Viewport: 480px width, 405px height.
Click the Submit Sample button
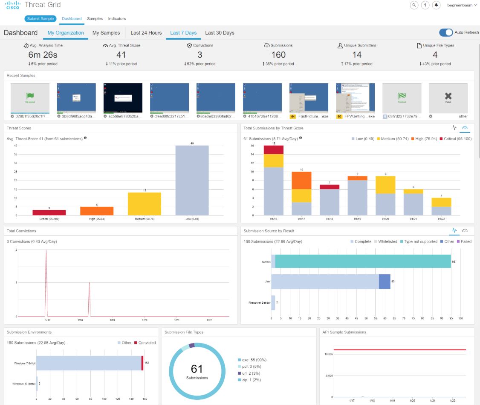(40, 19)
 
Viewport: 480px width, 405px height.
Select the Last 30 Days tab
(220, 33)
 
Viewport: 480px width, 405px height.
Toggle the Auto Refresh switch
(446, 33)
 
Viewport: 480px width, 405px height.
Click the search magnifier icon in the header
(414, 5)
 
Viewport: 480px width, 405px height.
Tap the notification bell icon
(436, 5)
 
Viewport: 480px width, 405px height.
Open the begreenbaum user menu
(462, 5)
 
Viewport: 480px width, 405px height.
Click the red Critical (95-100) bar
(49, 212)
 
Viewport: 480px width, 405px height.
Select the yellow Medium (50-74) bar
(145, 204)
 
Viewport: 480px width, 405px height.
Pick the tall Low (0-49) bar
(192, 180)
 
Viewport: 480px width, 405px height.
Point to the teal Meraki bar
(363, 261)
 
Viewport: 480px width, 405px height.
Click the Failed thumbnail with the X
(448, 97)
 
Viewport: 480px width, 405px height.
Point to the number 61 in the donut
(197, 369)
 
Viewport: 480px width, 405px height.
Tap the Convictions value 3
(200, 55)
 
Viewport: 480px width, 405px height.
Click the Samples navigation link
(95, 19)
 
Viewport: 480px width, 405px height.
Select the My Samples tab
(106, 33)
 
